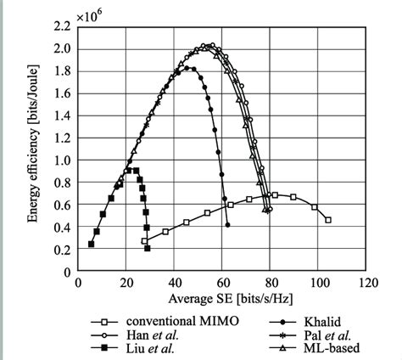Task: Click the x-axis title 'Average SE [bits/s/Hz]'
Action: [x=222, y=297]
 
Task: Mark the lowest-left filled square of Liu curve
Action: [x=91, y=244]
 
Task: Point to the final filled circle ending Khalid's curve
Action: [x=228, y=225]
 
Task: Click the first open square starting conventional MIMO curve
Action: [x=145, y=241]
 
